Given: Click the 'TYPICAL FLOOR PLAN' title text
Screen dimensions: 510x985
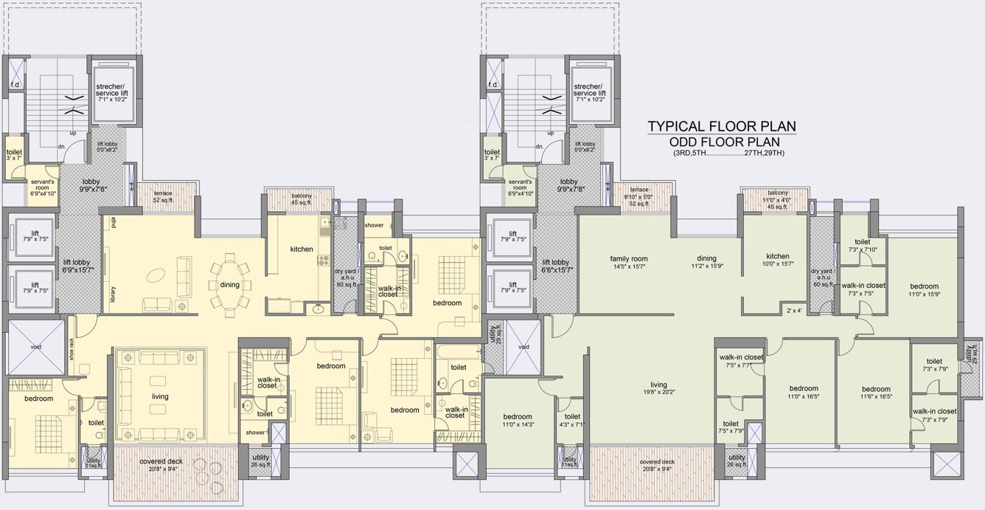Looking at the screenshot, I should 722,127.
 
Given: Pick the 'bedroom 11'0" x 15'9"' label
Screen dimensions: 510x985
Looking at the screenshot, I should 923,290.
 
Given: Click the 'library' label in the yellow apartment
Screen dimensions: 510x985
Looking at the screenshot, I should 114,294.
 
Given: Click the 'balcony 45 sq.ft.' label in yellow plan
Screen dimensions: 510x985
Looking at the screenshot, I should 301,199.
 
